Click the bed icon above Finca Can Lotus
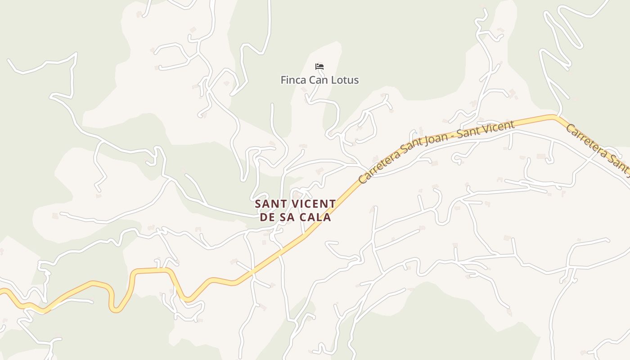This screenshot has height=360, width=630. pos(319,67)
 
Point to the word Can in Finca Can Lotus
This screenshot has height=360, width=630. pos(320,80)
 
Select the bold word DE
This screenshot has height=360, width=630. pos(267,217)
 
